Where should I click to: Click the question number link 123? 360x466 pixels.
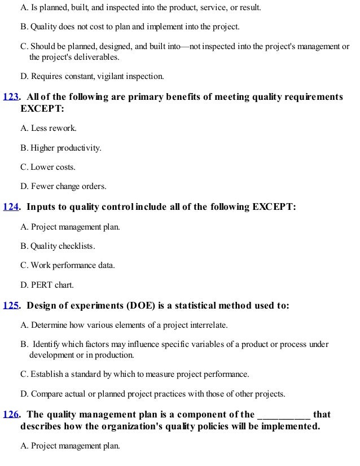click(11, 97)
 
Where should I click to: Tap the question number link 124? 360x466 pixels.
click(11, 207)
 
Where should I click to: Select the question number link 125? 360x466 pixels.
click(11, 306)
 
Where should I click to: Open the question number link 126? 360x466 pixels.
click(11, 415)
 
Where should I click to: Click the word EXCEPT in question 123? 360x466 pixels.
click(42, 108)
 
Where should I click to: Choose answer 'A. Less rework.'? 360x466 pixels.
click(49, 129)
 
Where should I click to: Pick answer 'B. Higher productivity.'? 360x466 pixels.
click(61, 148)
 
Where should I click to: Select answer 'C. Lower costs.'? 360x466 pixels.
click(48, 168)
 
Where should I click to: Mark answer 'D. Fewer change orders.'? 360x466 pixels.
click(63, 187)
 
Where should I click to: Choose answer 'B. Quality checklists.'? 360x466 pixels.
click(58, 247)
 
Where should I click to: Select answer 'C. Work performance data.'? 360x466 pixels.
click(68, 265)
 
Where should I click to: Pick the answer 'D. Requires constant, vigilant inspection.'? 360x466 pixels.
click(92, 76)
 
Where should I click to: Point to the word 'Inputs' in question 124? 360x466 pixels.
click(41, 207)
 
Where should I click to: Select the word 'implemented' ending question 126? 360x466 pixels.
click(288, 427)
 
